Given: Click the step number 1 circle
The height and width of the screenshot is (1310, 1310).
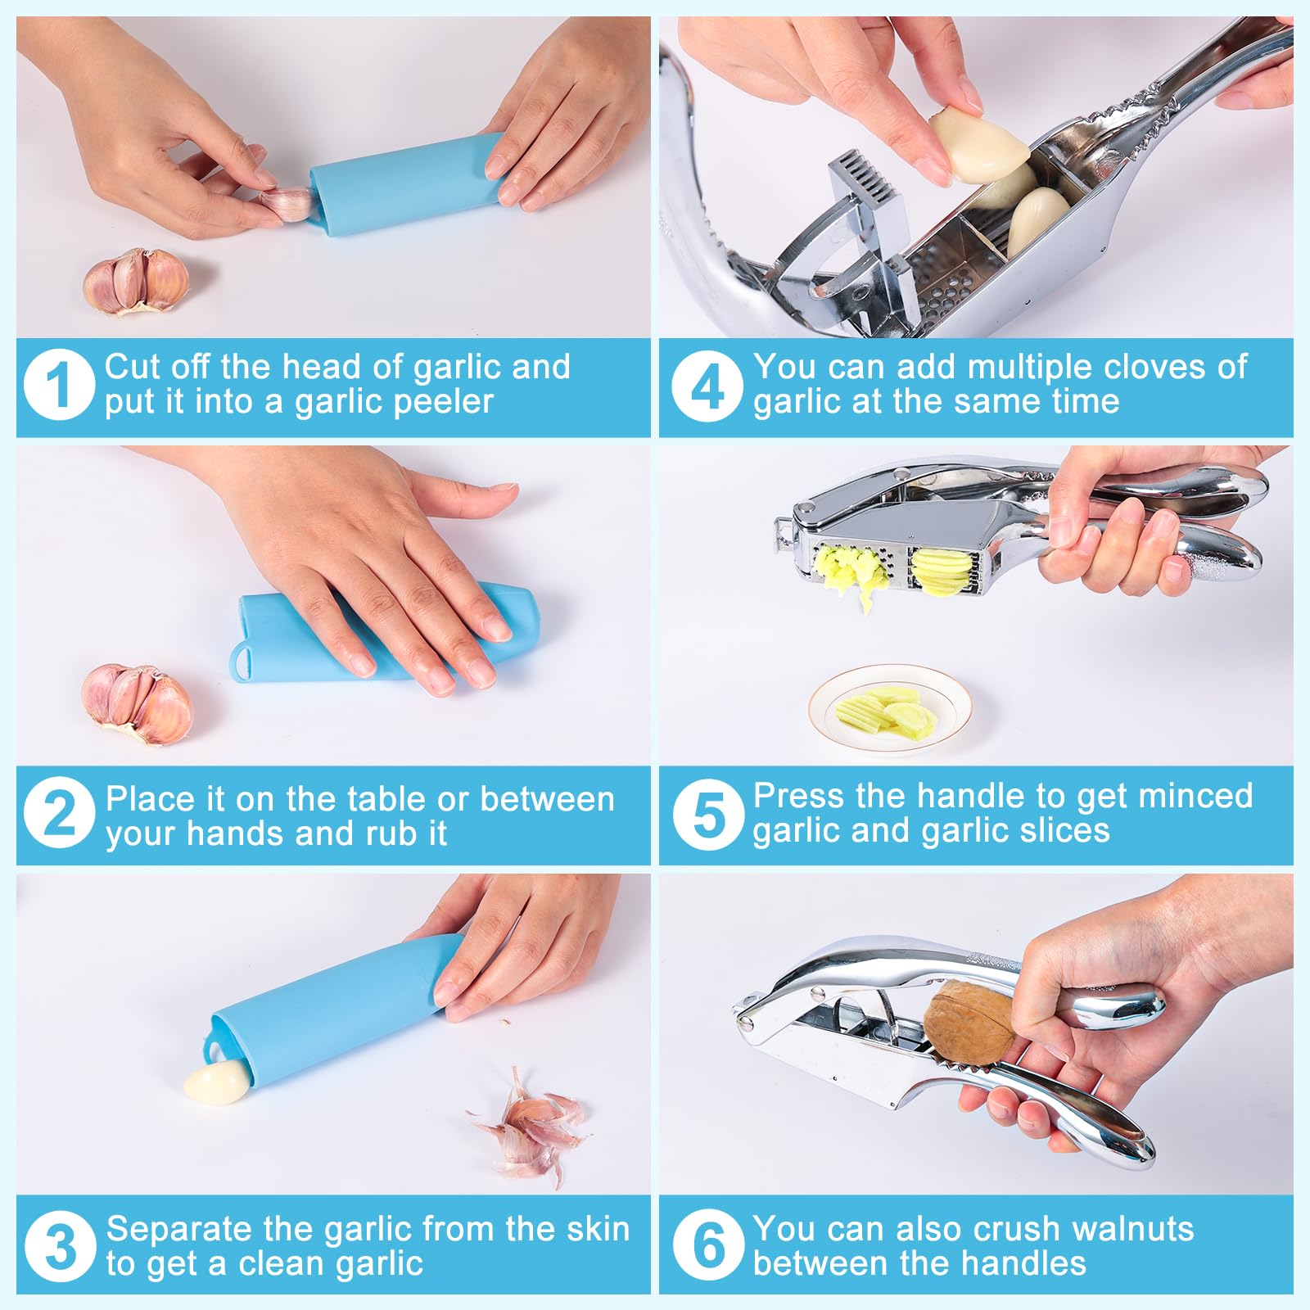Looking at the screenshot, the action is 59,385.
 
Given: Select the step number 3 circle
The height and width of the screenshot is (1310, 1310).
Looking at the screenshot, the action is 61,1247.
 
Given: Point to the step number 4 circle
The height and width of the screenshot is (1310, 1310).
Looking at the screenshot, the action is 707,386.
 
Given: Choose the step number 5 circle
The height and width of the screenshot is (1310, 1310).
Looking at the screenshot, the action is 708,815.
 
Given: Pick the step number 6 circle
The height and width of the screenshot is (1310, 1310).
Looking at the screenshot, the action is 708,1244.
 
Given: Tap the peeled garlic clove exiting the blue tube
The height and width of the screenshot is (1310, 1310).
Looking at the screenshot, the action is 216,1081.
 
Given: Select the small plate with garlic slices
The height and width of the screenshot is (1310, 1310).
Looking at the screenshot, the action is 890,707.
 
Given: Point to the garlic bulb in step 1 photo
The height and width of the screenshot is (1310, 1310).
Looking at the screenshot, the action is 136,282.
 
